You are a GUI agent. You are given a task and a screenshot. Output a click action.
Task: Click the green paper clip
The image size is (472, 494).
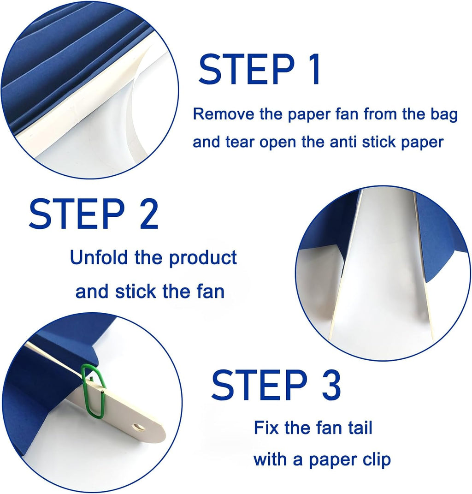(x=94, y=390)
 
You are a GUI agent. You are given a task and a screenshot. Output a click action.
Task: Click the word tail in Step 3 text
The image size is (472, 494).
(x=358, y=428)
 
